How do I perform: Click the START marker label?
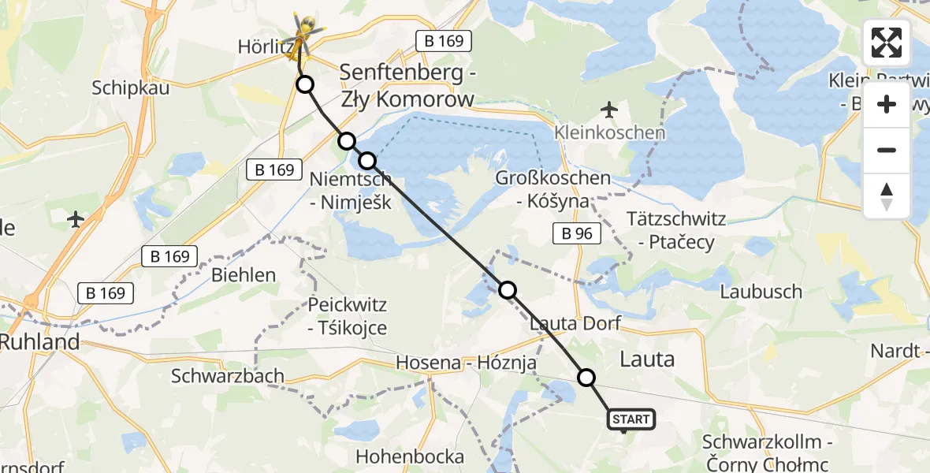[631, 419]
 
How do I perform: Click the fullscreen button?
[887, 43]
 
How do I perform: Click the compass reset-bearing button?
[887, 196]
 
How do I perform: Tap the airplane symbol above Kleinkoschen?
[608, 108]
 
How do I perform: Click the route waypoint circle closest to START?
[586, 378]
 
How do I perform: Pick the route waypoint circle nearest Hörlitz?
[304, 84]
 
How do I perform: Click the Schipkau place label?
[130, 88]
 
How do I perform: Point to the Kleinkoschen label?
[608, 132]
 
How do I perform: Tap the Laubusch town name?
[761, 292]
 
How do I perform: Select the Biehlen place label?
[244, 275]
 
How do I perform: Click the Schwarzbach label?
[228, 376]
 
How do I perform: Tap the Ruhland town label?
[39, 342]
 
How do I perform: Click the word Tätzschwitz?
[675, 218]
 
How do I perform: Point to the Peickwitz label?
[348, 304]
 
